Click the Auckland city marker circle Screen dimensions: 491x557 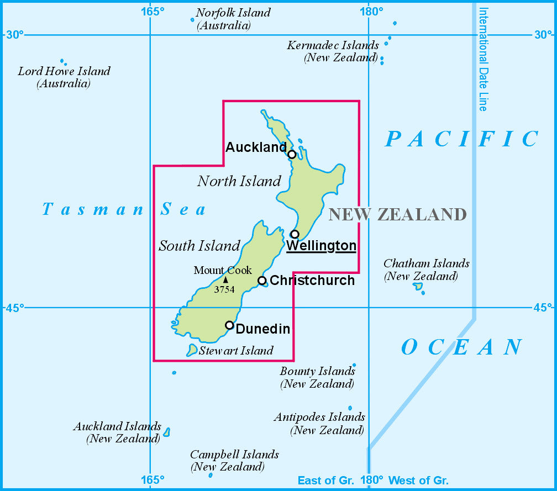pyautogui.click(x=292, y=154)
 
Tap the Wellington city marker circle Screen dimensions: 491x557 pyautogui.click(x=295, y=234)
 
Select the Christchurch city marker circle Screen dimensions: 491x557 pyautogui.click(x=262, y=281)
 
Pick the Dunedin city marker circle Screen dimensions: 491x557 pyautogui.click(x=229, y=325)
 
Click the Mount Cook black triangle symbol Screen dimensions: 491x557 pyautogui.click(x=225, y=280)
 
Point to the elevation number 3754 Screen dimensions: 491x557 pyautogui.click(x=224, y=289)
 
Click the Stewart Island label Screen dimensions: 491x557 pyautogui.click(x=236, y=351)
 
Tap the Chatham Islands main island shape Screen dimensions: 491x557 pyautogui.click(x=418, y=286)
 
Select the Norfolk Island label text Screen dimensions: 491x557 pyautogui.click(x=233, y=13)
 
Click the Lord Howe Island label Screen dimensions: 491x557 pyautogui.click(x=64, y=71)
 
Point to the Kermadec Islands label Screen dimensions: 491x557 pyautogui.click(x=333, y=45)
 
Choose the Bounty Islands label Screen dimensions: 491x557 pyautogui.click(x=317, y=371)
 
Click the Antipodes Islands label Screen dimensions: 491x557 pyautogui.click(x=319, y=417)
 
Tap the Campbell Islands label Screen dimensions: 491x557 pyautogui.click(x=234, y=455)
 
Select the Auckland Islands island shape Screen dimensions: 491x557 pyautogui.click(x=167, y=432)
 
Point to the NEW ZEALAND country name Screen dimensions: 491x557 pyautogui.click(x=397, y=214)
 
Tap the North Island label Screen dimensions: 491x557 pyautogui.click(x=239, y=181)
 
